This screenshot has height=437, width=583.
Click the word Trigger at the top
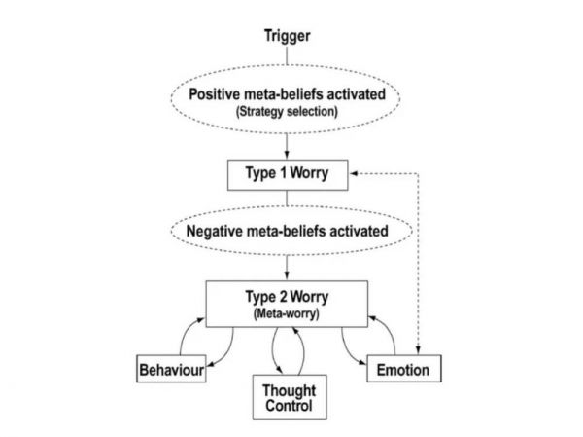click(287, 37)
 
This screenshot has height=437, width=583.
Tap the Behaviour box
click(170, 370)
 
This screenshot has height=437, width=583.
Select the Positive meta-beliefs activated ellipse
click(287, 103)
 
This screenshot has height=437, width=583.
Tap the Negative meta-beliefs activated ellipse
click(287, 232)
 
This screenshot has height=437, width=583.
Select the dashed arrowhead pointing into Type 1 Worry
click(355, 172)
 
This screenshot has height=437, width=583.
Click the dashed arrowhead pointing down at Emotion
click(419, 353)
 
